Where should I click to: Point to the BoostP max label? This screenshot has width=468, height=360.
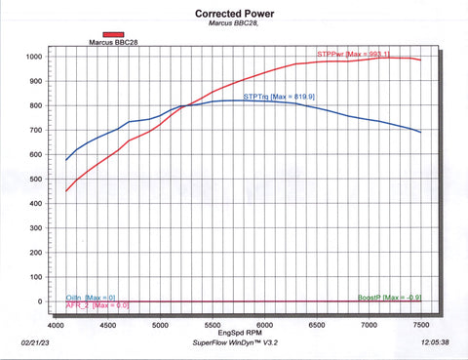(388, 297)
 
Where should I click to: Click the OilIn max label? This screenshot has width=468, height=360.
(91, 297)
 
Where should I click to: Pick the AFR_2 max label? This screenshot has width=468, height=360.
(97, 305)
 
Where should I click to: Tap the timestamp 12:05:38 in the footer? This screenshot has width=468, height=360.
(435, 344)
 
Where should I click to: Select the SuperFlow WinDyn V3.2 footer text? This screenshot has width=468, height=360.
(235, 344)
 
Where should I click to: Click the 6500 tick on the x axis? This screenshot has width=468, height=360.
(314, 323)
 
